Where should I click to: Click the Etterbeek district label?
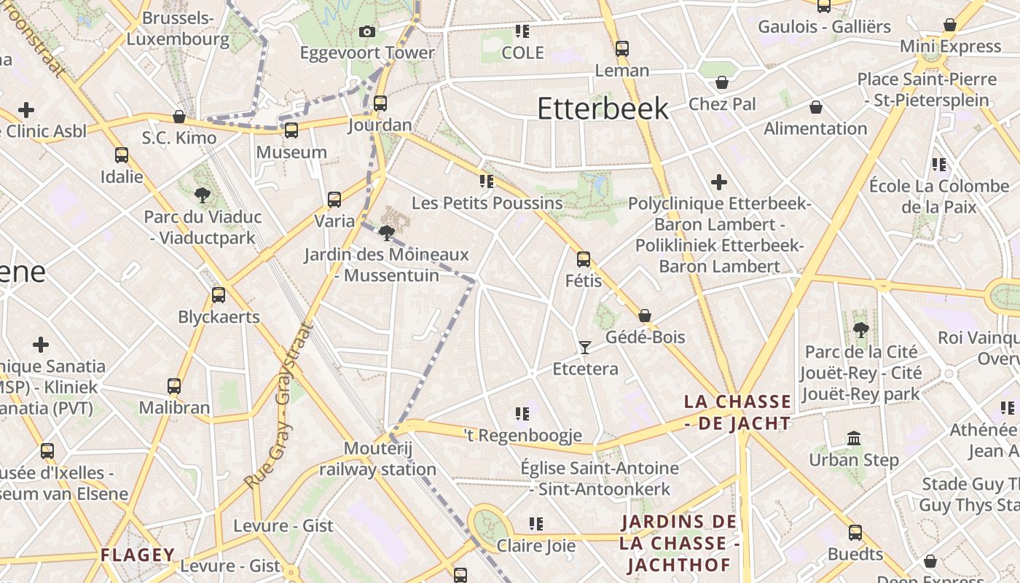pyautogui.click(x=603, y=109)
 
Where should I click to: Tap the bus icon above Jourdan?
pyautogui.click(x=380, y=103)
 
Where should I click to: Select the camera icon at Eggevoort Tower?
pyautogui.click(x=367, y=31)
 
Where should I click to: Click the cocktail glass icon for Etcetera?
pyautogui.click(x=584, y=348)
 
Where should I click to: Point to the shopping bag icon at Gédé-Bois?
pyautogui.click(x=645, y=316)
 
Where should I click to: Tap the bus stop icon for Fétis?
pyautogui.click(x=583, y=259)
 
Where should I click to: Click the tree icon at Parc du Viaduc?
pyautogui.click(x=203, y=195)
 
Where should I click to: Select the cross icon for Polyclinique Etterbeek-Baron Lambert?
pyautogui.click(x=719, y=181)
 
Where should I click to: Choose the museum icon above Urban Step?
pyautogui.click(x=854, y=439)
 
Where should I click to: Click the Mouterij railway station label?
pyautogui.click(x=377, y=458)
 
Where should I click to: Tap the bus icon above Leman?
pyautogui.click(x=621, y=49)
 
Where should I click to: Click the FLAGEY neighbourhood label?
pyautogui.click(x=138, y=555)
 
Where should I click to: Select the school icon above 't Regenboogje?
pyautogui.click(x=522, y=414)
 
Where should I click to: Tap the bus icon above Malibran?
pyautogui.click(x=174, y=386)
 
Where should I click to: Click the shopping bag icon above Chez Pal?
pyautogui.click(x=722, y=82)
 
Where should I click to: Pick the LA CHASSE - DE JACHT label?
pyautogui.click(x=737, y=412)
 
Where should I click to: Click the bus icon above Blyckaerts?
pyautogui.click(x=218, y=295)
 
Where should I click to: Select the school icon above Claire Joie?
pyautogui.click(x=536, y=524)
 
